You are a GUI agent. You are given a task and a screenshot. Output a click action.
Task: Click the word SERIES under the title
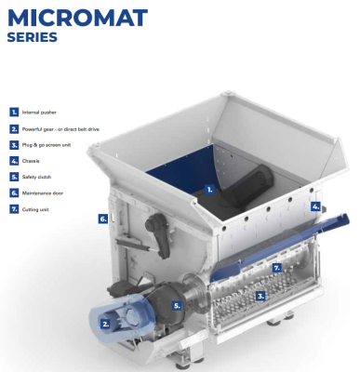pyautogui.click(x=33, y=38)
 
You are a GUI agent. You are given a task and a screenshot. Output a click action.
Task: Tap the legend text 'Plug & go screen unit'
pyautogui.click(x=43, y=144)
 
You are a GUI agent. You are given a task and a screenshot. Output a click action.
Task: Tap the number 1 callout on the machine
pyautogui.click(x=209, y=189)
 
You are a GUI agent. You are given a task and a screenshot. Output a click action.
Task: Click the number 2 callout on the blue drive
pyautogui.click(x=105, y=324)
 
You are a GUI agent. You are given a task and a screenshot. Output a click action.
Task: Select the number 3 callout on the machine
pyautogui.click(x=260, y=295)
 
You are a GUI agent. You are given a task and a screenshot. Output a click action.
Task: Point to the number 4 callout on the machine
pyautogui.click(x=315, y=206)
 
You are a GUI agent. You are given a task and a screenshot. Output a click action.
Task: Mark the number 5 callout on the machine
pyautogui.click(x=178, y=304)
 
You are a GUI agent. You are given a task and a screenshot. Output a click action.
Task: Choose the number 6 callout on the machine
pyautogui.click(x=102, y=219)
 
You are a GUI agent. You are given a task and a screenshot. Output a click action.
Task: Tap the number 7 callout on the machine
pyautogui.click(x=275, y=267)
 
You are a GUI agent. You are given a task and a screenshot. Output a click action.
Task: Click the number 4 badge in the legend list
pyautogui.click(x=14, y=160)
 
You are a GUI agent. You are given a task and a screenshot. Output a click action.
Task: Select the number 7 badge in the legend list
pyautogui.click(x=14, y=208)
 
